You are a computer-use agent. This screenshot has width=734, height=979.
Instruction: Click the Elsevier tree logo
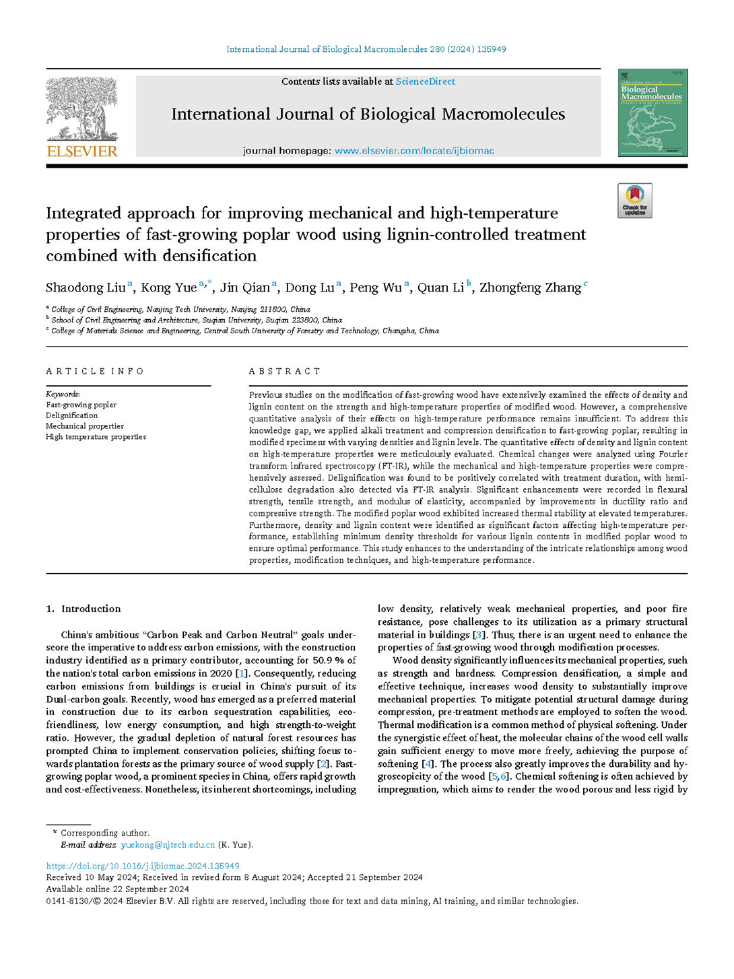[x=82, y=108]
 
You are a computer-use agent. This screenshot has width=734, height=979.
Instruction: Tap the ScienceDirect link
[x=425, y=81]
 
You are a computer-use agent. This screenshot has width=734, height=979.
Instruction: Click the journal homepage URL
[x=414, y=151]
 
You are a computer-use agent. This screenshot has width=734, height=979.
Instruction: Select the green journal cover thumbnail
[x=652, y=113]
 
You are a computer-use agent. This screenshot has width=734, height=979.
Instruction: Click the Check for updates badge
[x=634, y=201]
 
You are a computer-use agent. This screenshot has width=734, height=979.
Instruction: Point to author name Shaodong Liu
[x=86, y=288]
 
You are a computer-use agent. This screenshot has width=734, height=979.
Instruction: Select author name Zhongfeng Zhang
[x=530, y=288]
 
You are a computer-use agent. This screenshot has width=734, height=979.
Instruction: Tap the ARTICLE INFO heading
[x=95, y=372]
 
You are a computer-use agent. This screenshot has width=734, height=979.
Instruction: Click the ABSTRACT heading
[x=285, y=372]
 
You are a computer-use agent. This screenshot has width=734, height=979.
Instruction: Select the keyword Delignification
[x=71, y=415]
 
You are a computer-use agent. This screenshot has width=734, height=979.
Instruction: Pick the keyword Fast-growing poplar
[x=81, y=405]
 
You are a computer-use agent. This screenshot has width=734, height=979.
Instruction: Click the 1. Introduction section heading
[x=84, y=609]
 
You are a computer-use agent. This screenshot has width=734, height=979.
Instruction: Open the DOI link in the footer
[x=143, y=866]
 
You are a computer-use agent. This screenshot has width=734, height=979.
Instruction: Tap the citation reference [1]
[x=241, y=673]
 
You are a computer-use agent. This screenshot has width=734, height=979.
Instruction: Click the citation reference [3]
[x=479, y=635]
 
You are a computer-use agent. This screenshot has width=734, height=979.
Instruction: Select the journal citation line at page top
[x=366, y=49]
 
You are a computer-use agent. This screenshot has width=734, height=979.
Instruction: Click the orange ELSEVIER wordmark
[x=82, y=151]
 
